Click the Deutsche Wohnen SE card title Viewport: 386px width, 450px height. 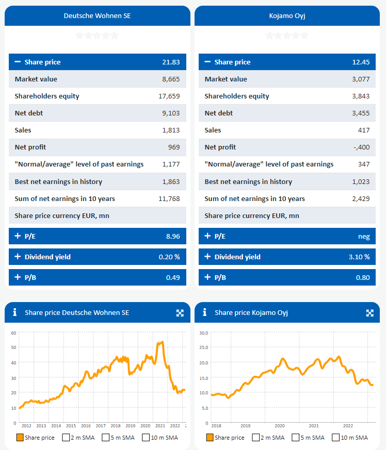pyautogui.click(x=97, y=15)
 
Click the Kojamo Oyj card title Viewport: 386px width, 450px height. pyautogui.click(x=287, y=15)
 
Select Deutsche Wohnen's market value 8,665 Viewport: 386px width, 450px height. pyautogui.click(x=171, y=79)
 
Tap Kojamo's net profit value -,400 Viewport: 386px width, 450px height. pyautogui.click(x=362, y=147)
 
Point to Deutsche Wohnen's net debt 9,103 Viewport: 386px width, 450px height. pyautogui.click(x=171, y=113)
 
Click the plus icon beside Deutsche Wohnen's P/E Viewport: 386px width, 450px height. pyautogui.click(x=18, y=236)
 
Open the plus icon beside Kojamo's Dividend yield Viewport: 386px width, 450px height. pyautogui.click(x=207, y=257)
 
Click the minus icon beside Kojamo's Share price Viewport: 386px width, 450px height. pyautogui.click(x=207, y=62)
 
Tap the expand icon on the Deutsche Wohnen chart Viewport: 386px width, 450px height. pyautogui.click(x=180, y=313)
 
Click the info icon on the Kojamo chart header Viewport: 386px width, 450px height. pyautogui.click(x=205, y=312)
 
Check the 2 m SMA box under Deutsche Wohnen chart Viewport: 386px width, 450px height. pyautogui.click(x=66, y=438)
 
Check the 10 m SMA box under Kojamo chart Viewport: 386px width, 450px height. pyautogui.click(x=336, y=438)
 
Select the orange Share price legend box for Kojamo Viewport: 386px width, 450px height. pyautogui.click(x=210, y=438)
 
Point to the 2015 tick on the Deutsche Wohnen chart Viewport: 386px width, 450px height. pyautogui.click(x=71, y=426)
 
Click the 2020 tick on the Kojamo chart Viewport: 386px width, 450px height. pyautogui.click(x=279, y=426)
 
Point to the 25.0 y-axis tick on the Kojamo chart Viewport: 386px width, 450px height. pyautogui.click(x=204, y=348)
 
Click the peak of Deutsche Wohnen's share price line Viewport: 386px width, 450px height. pyautogui.click(x=163, y=342)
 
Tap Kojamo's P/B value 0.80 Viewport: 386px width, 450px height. pyautogui.click(x=363, y=277)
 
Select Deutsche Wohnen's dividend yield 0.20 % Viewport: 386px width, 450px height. pyautogui.click(x=169, y=257)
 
